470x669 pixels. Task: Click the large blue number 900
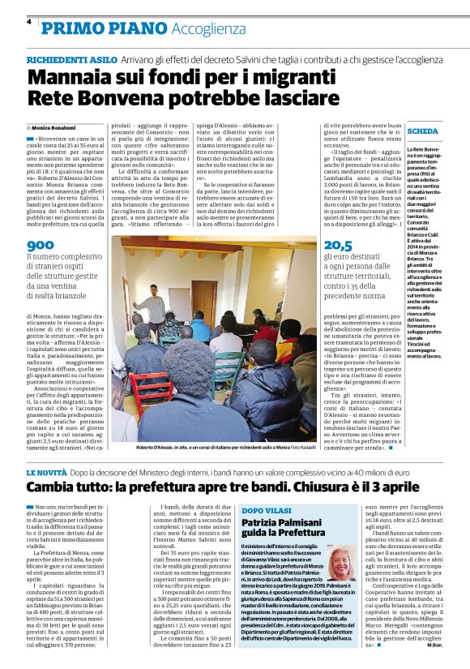(x=41, y=245)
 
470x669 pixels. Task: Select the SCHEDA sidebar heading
(x=423, y=131)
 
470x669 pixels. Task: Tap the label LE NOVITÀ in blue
(x=51, y=471)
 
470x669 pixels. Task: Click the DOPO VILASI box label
(x=267, y=509)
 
